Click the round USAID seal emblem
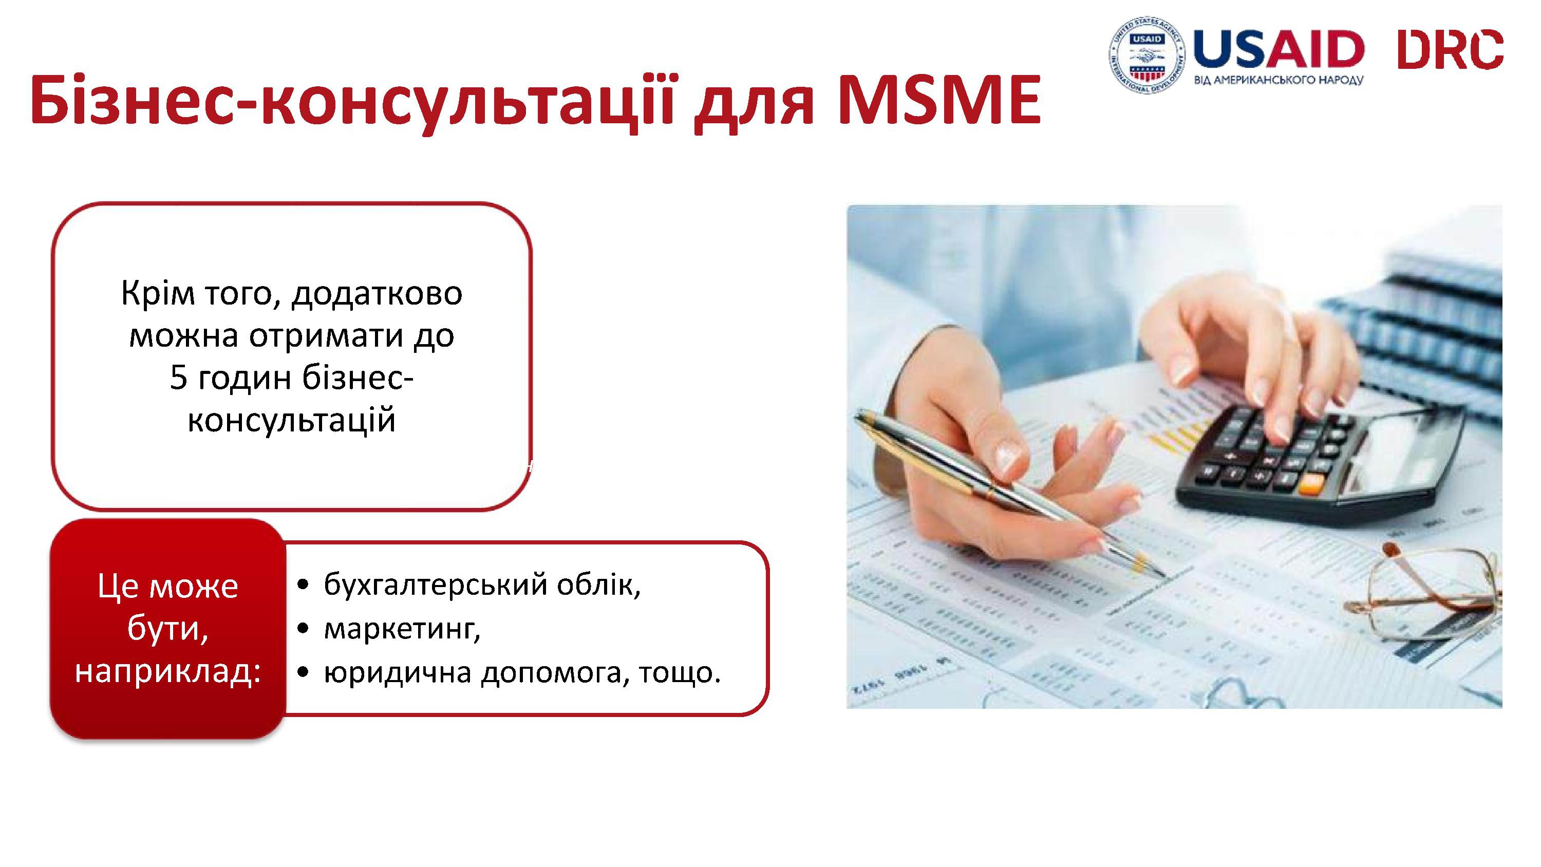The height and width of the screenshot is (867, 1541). coord(1147,55)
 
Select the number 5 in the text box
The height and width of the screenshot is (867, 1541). coord(178,378)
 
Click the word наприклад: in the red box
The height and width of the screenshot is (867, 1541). coord(168,672)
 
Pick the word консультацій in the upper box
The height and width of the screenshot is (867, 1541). coord(291,420)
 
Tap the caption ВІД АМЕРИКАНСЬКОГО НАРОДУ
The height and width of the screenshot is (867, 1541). coord(1279,80)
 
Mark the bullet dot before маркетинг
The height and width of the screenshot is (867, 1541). coord(305,629)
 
